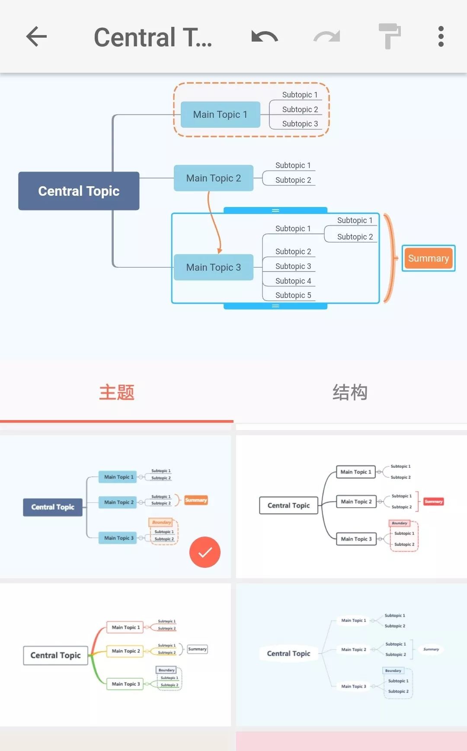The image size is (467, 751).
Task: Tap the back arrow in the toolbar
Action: pyautogui.click(x=36, y=36)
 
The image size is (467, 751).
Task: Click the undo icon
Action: pyautogui.click(x=264, y=37)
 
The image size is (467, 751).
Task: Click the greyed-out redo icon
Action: pyautogui.click(x=327, y=37)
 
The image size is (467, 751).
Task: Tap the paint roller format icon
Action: pyautogui.click(x=389, y=36)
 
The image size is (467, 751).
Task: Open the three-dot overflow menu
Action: pyautogui.click(x=441, y=36)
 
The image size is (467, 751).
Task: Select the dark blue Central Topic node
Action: pyautogui.click(x=79, y=191)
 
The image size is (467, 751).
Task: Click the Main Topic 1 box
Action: pyautogui.click(x=220, y=115)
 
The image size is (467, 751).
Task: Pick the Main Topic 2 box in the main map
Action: pyautogui.click(x=214, y=178)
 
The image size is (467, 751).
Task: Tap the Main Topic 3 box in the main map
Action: pyautogui.click(x=214, y=267)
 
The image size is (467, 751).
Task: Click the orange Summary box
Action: pyautogui.click(x=428, y=259)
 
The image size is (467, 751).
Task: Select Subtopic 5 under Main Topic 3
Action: pyautogui.click(x=293, y=295)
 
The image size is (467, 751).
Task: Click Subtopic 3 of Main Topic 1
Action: pyautogui.click(x=300, y=124)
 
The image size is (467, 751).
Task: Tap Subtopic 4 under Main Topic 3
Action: pyautogui.click(x=293, y=281)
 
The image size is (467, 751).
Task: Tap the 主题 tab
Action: pyautogui.click(x=117, y=392)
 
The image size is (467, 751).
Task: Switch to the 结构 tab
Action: pyautogui.click(x=350, y=392)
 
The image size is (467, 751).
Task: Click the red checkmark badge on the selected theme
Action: pyautogui.click(x=205, y=552)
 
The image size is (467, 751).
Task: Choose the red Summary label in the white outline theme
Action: pyautogui.click(x=433, y=502)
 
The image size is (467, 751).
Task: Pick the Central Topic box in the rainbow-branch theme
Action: pyautogui.click(x=55, y=655)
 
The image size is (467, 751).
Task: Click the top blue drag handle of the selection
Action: pyautogui.click(x=275, y=210)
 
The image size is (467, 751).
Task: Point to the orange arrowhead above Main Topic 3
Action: pyautogui.click(x=220, y=250)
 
